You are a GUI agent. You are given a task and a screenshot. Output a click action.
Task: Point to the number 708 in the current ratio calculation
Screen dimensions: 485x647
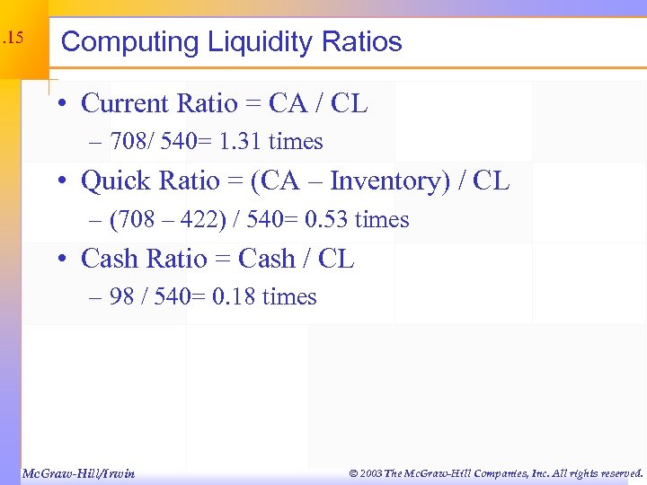129,142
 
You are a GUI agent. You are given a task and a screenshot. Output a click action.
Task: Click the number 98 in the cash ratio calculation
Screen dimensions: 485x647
121,297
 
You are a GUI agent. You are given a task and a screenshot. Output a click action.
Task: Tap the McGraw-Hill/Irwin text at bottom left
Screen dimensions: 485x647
77,473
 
